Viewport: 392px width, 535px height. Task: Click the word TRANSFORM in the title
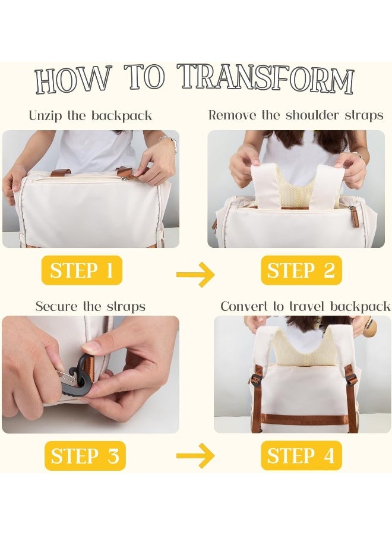pyautogui.click(x=267, y=79)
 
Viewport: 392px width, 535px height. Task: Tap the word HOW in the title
pyautogui.click(x=74, y=80)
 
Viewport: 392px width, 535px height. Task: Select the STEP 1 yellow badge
pyautogui.click(x=82, y=270)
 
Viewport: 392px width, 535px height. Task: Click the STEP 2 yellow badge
pyautogui.click(x=301, y=270)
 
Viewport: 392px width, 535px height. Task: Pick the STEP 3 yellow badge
pyautogui.click(x=85, y=456)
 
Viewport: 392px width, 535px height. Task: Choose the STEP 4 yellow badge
pyautogui.click(x=301, y=455)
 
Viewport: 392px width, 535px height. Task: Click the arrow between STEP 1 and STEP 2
pyautogui.click(x=195, y=274)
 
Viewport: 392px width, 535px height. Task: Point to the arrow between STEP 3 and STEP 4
pyautogui.click(x=195, y=455)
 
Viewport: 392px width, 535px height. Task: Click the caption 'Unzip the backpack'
pyautogui.click(x=90, y=116)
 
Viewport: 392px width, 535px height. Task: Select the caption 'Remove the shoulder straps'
pyautogui.click(x=296, y=115)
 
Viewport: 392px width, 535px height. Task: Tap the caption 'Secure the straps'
pyautogui.click(x=90, y=306)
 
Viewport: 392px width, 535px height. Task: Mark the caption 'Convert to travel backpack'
pyautogui.click(x=305, y=306)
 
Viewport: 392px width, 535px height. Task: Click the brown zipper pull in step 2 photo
pyautogui.click(x=353, y=215)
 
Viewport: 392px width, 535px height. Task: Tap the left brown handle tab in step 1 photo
pyautogui.click(x=61, y=172)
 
